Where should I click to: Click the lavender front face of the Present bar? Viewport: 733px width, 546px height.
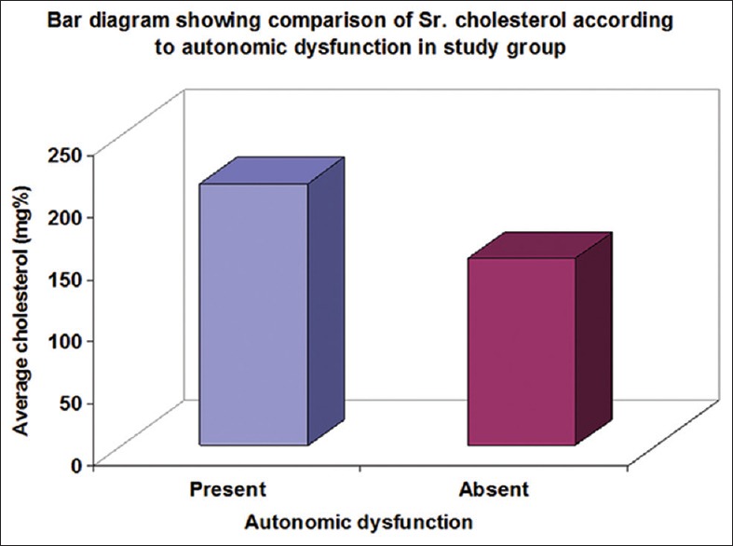[x=253, y=313]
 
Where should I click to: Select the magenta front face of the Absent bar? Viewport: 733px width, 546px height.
[x=521, y=350]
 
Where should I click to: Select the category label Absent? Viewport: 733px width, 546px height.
[x=494, y=489]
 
